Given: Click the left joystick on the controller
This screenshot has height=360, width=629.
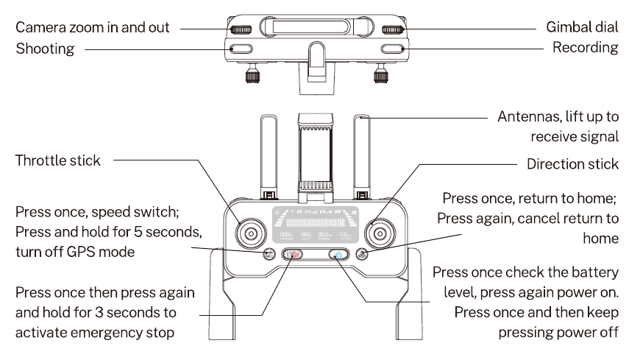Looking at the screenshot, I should click(251, 233).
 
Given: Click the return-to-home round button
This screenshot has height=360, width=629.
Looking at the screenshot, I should click(361, 255).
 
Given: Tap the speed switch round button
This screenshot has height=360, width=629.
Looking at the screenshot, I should click(269, 255).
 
